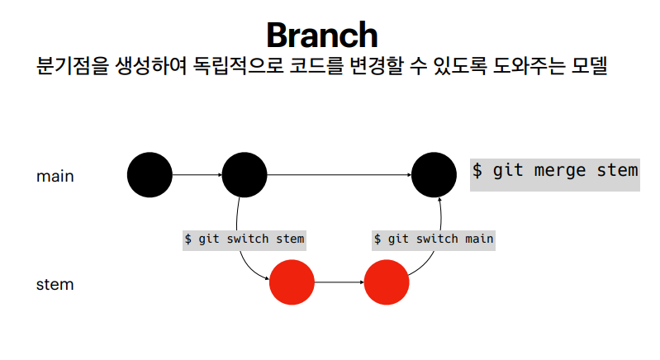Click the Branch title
point(322,35)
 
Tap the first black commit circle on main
point(150,175)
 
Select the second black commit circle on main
point(245,175)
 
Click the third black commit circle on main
point(434,175)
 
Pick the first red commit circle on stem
point(292,282)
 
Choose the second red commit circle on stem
point(387,282)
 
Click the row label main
point(55,176)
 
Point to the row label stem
point(55,284)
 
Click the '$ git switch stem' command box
point(244,239)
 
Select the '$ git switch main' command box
point(434,239)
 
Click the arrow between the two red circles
point(339,282)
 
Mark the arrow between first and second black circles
point(197,175)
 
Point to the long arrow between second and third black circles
point(339,175)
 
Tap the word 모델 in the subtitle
point(587,67)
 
